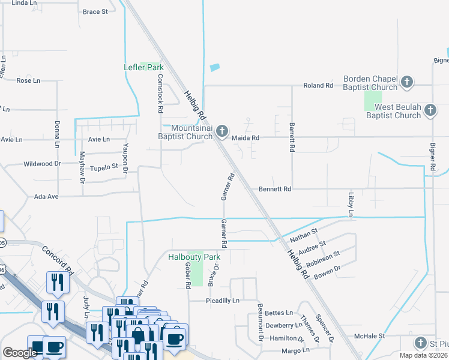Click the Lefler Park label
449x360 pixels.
click(x=143, y=67)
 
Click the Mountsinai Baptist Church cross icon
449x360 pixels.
click(x=222, y=131)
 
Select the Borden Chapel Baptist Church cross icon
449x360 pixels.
click(x=407, y=82)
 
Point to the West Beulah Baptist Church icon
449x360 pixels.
click(x=430, y=110)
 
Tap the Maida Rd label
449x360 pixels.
click(x=246, y=138)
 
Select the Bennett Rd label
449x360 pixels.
click(x=274, y=189)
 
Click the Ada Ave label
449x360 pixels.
click(x=46, y=196)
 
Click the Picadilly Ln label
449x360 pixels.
click(x=222, y=300)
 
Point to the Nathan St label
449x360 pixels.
click(x=304, y=233)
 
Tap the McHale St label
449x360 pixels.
click(x=369, y=336)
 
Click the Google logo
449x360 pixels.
click(x=20, y=353)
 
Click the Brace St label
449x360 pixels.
click(x=95, y=11)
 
